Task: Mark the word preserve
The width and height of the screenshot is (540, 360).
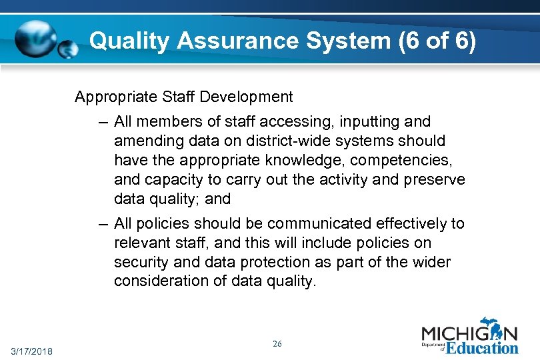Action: click(433, 180)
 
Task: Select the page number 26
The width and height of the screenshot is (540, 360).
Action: click(277, 344)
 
